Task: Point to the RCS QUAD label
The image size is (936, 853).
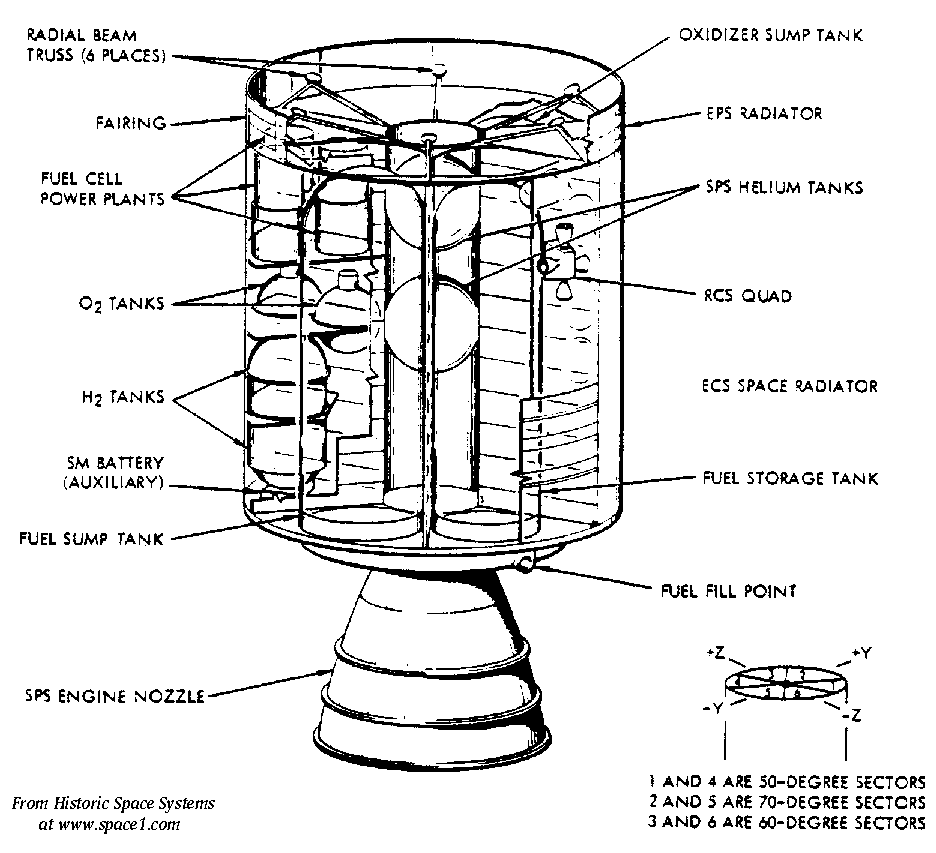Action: [x=746, y=296]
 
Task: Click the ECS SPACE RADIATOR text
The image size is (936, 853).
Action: [x=790, y=385]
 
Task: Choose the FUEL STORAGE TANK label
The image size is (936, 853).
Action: [x=790, y=479]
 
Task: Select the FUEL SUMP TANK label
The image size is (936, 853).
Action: [x=91, y=537]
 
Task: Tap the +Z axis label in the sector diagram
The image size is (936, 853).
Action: [x=715, y=652]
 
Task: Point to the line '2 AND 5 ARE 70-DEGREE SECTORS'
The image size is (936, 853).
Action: [x=787, y=803]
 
